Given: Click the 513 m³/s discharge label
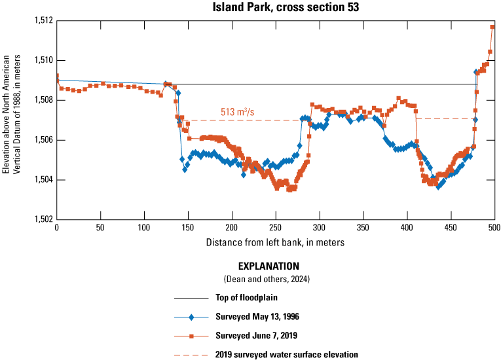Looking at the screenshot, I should (x=236, y=113).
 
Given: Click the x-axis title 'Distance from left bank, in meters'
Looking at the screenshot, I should (x=275, y=242).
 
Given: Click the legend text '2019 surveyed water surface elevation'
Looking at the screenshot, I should (x=287, y=354).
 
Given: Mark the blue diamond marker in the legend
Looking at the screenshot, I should (x=191, y=317).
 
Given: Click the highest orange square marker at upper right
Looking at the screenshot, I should (x=492, y=27).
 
